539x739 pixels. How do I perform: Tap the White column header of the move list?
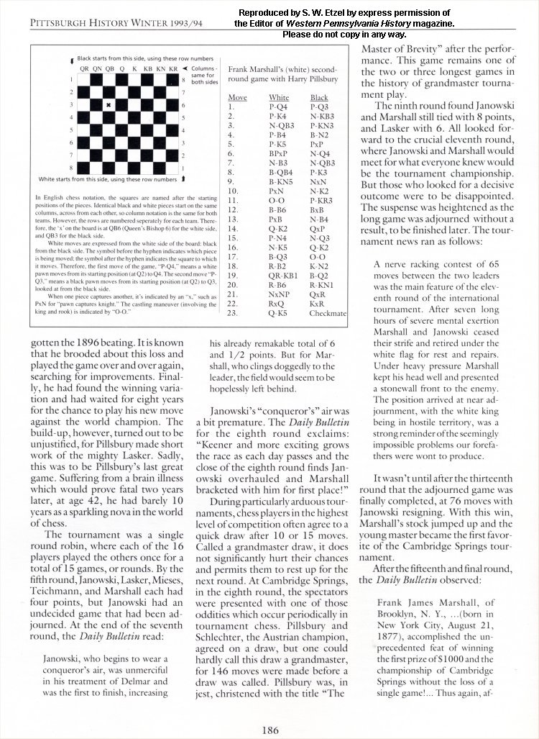point(279,97)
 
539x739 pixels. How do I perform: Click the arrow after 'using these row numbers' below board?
point(185,178)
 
